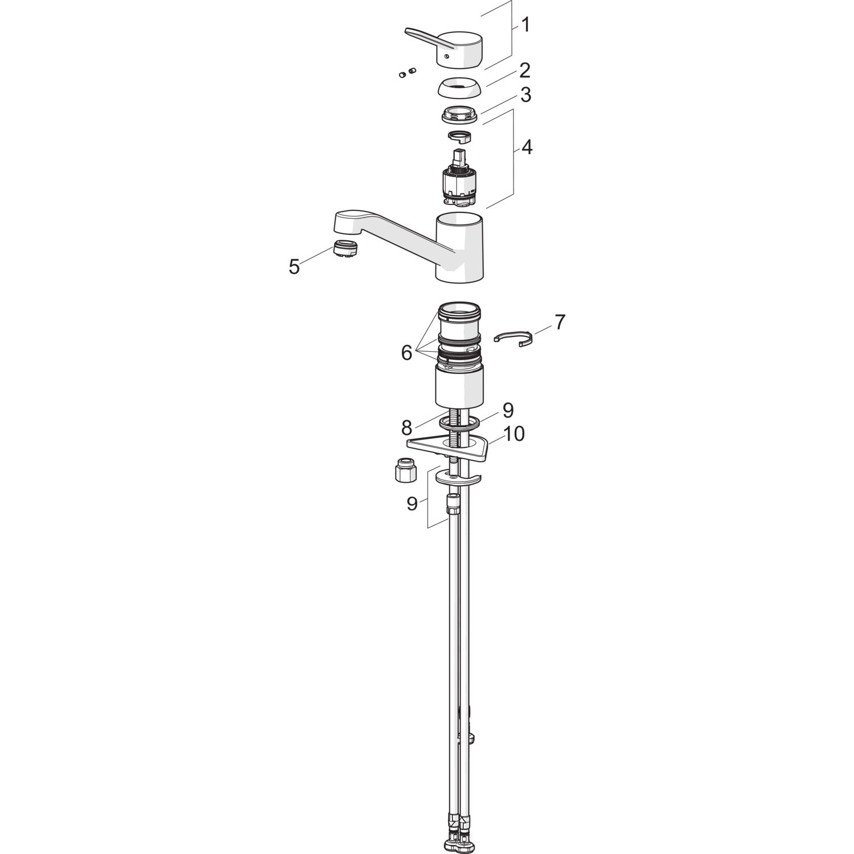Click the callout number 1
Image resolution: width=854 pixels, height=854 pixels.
coord(525,25)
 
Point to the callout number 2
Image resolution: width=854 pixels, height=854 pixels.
coord(525,71)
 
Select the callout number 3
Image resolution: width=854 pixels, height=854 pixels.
coord(525,95)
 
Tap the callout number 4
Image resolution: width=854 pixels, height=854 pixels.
coord(527,147)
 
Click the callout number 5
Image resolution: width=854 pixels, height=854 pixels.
coord(294,266)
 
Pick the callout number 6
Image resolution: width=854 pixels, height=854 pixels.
coord(407,353)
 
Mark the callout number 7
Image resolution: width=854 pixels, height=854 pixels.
coord(560,322)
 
